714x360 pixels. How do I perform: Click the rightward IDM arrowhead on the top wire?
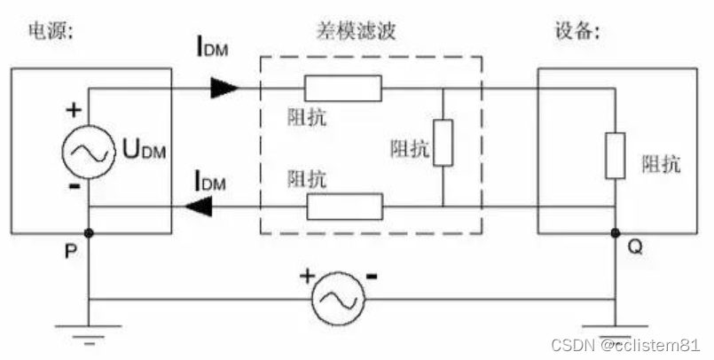(x=224, y=88)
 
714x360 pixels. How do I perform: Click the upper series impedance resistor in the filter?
(x=343, y=88)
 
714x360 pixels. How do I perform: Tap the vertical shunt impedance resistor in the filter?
(x=443, y=143)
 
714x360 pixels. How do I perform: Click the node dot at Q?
(x=614, y=234)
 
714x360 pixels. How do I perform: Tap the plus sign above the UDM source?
(x=73, y=113)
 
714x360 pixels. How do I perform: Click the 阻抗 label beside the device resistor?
(x=662, y=165)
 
